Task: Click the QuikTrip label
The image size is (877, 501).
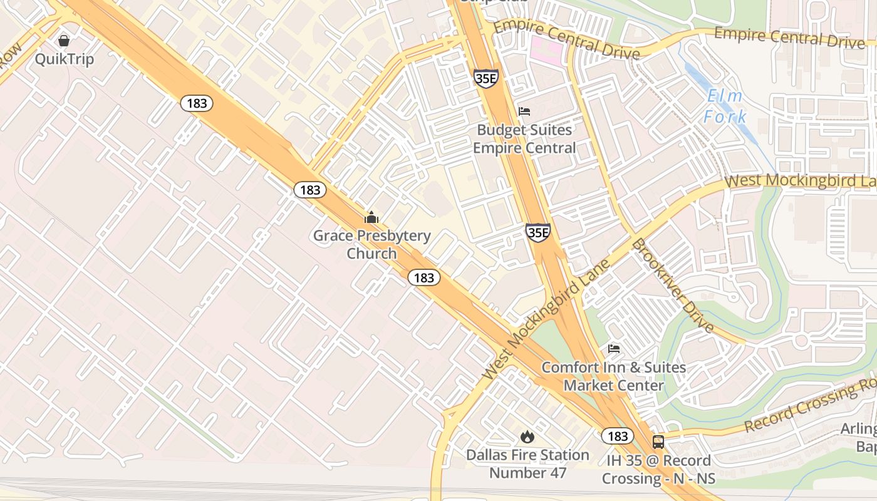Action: (64, 59)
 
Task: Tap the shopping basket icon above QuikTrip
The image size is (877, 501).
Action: (63, 41)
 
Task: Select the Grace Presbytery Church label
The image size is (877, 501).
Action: (371, 244)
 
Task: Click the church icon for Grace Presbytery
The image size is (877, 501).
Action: (371, 218)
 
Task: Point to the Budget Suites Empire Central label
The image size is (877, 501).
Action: (524, 139)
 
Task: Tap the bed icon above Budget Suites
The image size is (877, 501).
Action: (524, 111)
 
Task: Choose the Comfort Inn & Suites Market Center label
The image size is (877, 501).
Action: (613, 376)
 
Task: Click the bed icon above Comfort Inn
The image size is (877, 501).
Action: (613, 348)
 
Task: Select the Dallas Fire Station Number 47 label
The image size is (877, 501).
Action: (527, 463)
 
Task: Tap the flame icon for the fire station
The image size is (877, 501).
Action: (527, 436)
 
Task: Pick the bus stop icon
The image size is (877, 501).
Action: (658, 442)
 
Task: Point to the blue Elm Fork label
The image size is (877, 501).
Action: (725, 106)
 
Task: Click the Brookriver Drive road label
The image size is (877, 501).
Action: (672, 286)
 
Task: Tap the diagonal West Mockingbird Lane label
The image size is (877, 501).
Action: (546, 319)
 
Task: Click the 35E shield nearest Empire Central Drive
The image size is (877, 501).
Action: (485, 78)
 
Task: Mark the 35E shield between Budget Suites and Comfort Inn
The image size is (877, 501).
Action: (537, 232)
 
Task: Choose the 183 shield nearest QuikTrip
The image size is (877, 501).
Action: (197, 103)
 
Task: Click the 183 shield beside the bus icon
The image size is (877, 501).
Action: (617, 436)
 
